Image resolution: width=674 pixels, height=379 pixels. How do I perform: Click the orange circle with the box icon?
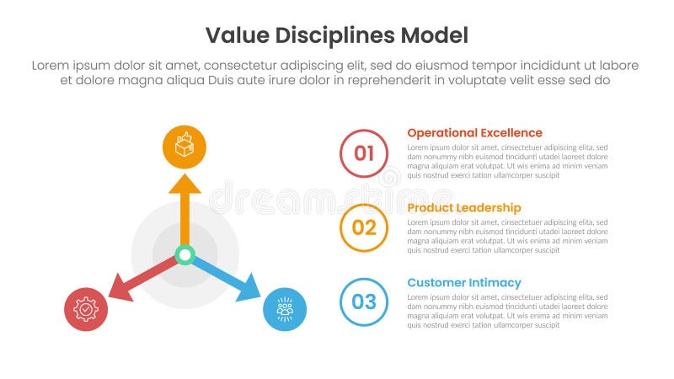pyautogui.click(x=185, y=145)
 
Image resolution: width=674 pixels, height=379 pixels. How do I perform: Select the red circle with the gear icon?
pyautogui.click(x=86, y=309)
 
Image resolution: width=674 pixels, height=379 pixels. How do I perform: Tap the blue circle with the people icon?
pyautogui.click(x=285, y=309)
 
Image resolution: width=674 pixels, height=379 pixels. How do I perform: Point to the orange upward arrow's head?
pyautogui.click(x=185, y=184)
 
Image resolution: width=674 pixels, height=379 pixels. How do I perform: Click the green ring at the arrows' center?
pyautogui.click(x=185, y=254)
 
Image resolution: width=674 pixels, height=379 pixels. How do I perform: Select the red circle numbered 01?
pyautogui.click(x=364, y=153)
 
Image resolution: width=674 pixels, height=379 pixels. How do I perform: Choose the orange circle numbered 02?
pyautogui.click(x=364, y=227)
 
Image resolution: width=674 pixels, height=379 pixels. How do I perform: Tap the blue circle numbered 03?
pyautogui.click(x=364, y=302)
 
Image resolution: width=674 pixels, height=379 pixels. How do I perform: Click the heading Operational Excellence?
pyautogui.click(x=474, y=133)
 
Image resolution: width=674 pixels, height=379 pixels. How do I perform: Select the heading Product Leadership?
pyautogui.click(x=463, y=208)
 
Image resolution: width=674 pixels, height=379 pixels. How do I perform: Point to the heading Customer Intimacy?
pyautogui.click(x=463, y=283)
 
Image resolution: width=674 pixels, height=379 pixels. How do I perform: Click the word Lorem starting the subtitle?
pyautogui.click(x=52, y=66)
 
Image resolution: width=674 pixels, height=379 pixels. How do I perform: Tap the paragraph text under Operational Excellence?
pyautogui.click(x=506, y=161)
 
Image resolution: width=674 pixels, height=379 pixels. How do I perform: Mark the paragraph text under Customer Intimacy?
pyautogui.click(x=506, y=311)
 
